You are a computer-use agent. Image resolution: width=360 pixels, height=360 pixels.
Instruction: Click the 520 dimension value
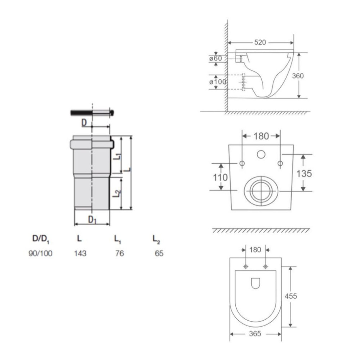[260, 42]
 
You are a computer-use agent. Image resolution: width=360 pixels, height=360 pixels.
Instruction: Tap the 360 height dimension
[298, 76]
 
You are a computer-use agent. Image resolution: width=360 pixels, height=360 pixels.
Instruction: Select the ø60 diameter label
[216, 58]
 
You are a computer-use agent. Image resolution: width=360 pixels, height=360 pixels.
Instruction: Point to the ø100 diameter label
[218, 82]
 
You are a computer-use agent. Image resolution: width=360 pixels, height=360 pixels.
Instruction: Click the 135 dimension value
[304, 174]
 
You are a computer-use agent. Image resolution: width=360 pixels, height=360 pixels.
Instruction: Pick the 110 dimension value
[221, 177]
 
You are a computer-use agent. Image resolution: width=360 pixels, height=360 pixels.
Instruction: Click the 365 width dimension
[255, 333]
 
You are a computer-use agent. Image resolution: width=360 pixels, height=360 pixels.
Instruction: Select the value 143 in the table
[80, 253]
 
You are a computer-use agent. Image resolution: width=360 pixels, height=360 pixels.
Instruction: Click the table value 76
[120, 253]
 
